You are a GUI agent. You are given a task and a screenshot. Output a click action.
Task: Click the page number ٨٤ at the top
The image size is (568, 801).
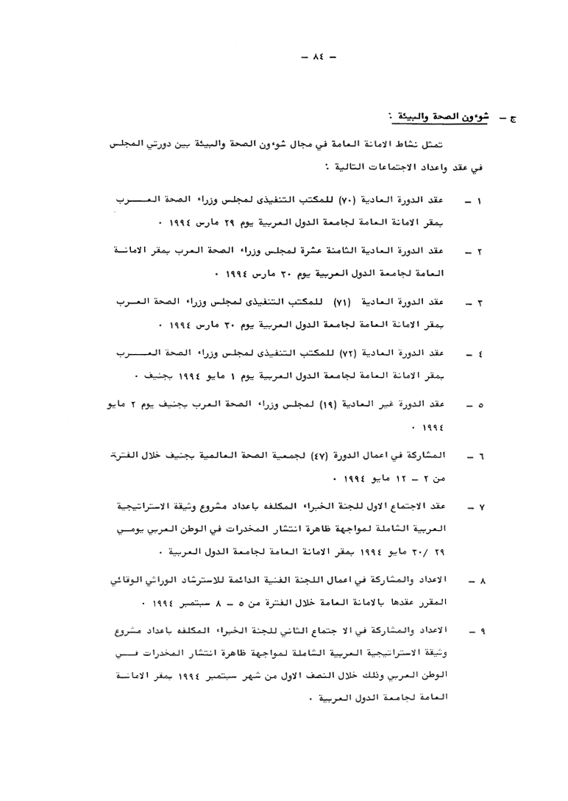[x=283, y=56]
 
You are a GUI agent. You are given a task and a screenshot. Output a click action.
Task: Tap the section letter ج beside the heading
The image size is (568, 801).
[x=512, y=119]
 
